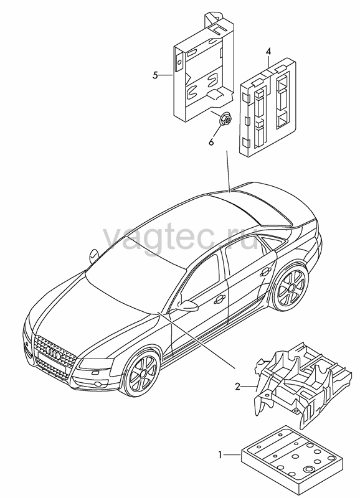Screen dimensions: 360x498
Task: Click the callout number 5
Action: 155,75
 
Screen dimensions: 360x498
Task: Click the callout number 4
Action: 268,51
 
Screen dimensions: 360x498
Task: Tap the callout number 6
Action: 211,142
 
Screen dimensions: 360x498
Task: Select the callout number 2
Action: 238,387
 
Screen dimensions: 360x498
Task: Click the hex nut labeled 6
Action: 224,120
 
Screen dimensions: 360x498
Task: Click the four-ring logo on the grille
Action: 53,352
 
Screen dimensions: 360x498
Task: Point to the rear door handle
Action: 265,272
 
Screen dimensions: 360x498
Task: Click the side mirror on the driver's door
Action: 187,306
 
